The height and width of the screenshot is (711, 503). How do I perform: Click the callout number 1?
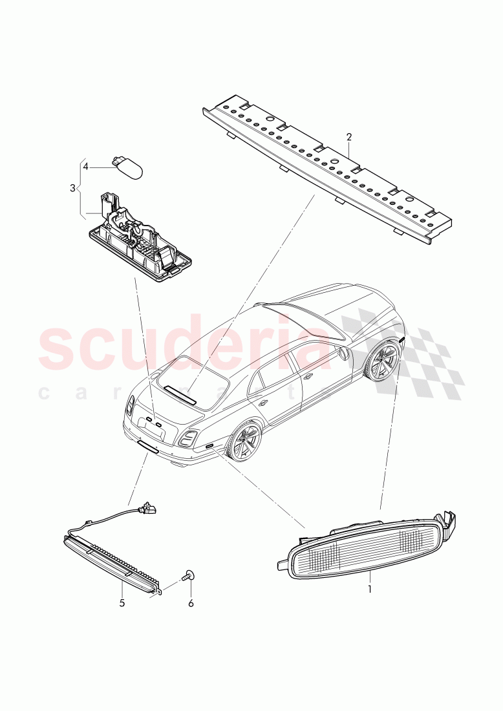pyautogui.click(x=370, y=589)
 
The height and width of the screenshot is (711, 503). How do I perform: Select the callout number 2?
pyautogui.click(x=349, y=137)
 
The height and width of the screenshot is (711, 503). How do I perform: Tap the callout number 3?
pyautogui.click(x=72, y=188)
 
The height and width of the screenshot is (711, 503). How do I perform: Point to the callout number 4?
pyautogui.click(x=85, y=166)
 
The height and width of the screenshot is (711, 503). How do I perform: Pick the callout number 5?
pyautogui.click(x=122, y=602)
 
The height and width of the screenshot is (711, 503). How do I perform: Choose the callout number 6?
pyautogui.click(x=191, y=603)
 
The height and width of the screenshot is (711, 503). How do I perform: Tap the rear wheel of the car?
pyautogui.click(x=245, y=441)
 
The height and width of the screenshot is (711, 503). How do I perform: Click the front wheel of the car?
pyautogui.click(x=381, y=361)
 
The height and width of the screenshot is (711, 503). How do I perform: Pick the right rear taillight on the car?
pyautogui.click(x=188, y=439)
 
